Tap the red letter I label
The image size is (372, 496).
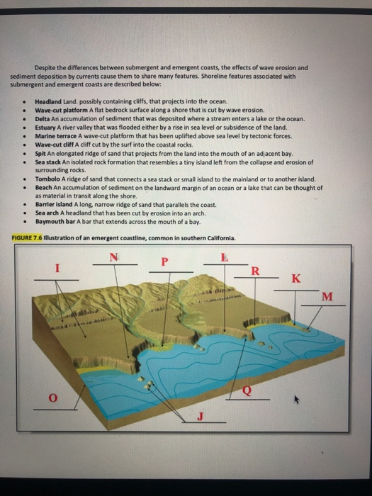59,269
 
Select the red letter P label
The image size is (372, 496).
164,261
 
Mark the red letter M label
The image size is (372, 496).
326,295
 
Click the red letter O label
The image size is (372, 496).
52,398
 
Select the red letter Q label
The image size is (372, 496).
247,390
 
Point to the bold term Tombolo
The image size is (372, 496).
47,179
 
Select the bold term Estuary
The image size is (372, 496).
46,128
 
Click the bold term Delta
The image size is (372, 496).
42,119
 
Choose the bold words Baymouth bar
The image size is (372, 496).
54,221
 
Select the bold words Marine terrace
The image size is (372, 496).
53,136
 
